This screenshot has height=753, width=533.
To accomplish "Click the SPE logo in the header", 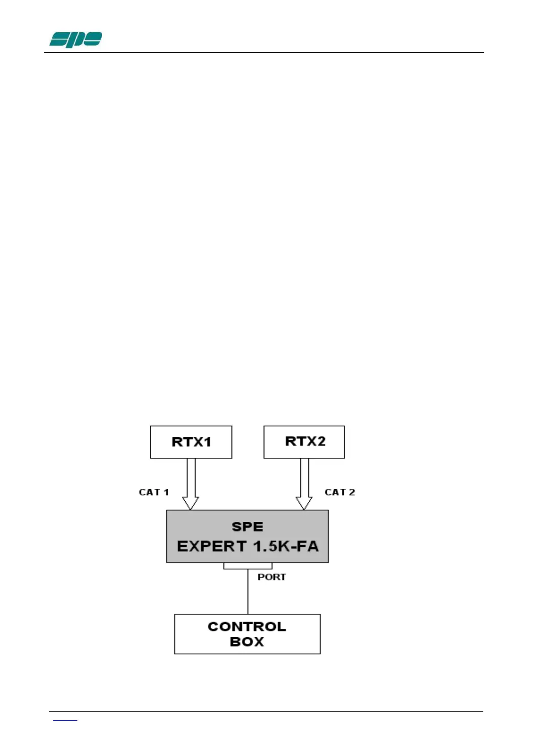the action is [x=75, y=39].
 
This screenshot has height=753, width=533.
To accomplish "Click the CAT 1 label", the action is [x=154, y=492].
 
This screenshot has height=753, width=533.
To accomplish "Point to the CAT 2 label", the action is [x=340, y=492].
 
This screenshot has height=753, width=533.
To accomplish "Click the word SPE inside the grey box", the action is [x=247, y=527].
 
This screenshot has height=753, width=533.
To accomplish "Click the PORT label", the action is [x=271, y=577].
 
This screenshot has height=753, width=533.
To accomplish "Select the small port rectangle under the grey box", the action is [x=247, y=566].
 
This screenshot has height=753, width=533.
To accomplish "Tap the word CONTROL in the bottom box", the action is [x=247, y=626].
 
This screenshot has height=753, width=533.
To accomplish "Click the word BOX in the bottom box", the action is [x=247, y=642].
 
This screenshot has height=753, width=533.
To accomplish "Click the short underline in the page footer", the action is [x=65, y=720].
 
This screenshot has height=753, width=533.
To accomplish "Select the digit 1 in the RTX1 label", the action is [x=207, y=442].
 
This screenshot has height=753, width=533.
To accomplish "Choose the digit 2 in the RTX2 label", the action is [x=320, y=441].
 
